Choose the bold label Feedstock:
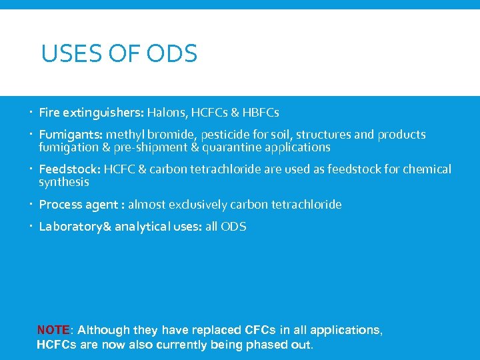click(x=69, y=169)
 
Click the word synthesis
click(x=63, y=182)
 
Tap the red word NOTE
click(x=53, y=330)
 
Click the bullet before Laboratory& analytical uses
click(x=31, y=227)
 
